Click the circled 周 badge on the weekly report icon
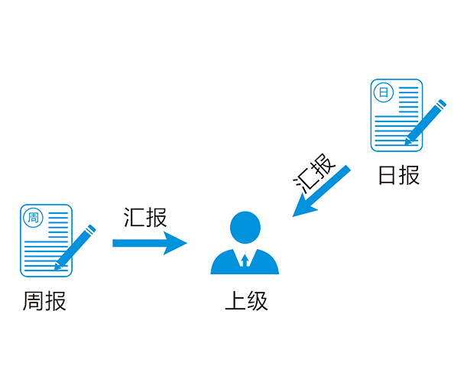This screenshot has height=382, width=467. (x=33, y=218)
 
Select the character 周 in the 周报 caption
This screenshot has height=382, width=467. (x=30, y=300)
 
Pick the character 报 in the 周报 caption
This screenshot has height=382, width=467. (x=55, y=300)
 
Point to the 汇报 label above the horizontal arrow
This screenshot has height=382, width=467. (x=145, y=217)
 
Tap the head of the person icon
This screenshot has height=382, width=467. (x=245, y=228)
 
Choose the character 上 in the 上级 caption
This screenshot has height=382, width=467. (x=235, y=300)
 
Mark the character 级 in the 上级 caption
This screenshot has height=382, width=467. (x=258, y=300)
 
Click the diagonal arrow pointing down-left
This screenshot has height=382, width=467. (x=322, y=191)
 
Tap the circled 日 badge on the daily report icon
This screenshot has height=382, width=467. (x=381, y=92)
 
